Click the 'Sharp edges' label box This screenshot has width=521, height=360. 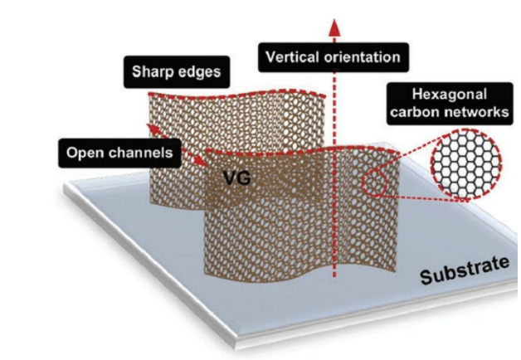(177, 72)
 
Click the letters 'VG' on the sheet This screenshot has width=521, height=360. (234, 177)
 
